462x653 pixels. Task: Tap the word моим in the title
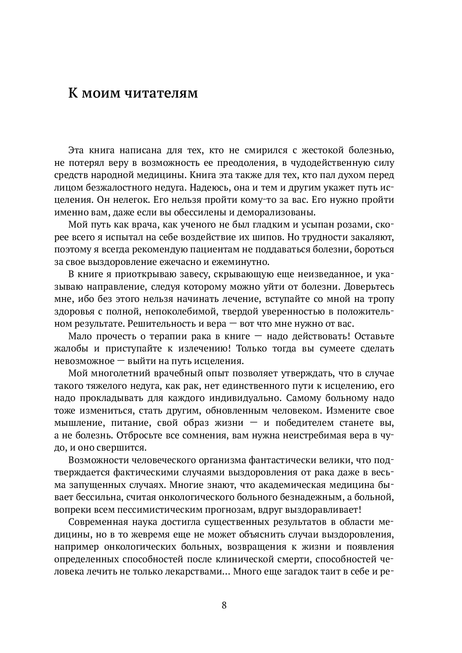click(101, 93)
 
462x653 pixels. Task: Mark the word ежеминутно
click(236, 262)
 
